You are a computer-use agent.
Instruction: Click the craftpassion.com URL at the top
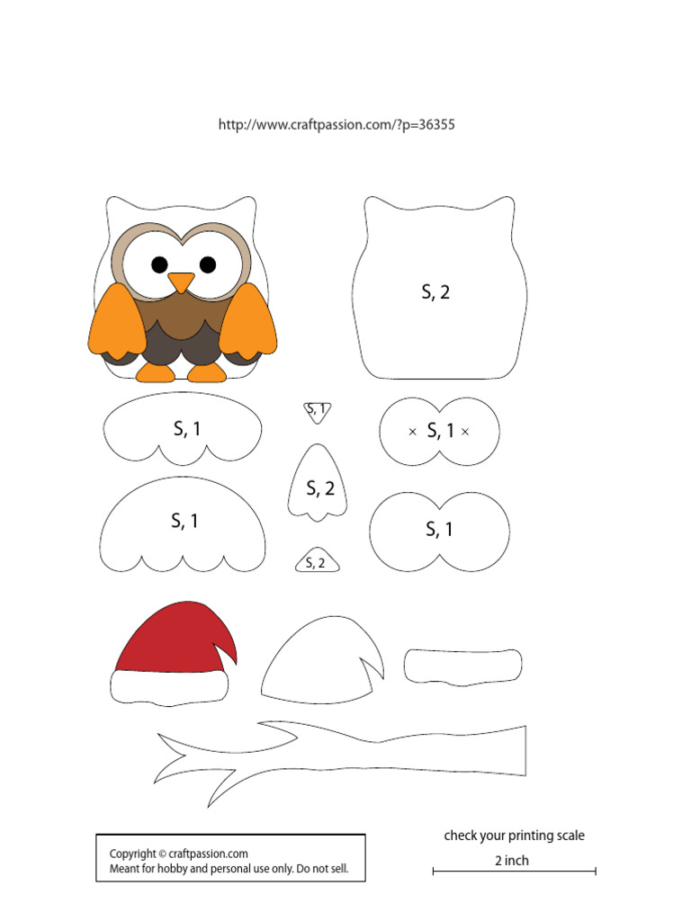click(x=337, y=125)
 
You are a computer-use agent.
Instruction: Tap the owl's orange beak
click(x=181, y=282)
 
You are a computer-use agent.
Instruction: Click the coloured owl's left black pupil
click(x=159, y=264)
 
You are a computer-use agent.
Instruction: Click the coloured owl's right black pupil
click(x=208, y=264)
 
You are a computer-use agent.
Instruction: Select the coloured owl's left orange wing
click(x=118, y=321)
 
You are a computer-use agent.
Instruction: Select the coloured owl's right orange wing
click(x=247, y=321)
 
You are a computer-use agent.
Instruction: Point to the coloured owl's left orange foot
click(x=153, y=372)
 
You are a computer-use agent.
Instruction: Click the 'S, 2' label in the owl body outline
click(x=435, y=292)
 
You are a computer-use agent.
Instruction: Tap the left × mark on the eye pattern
click(x=412, y=432)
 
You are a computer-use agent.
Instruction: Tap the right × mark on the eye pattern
click(x=465, y=432)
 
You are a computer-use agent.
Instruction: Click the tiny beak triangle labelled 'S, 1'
click(x=317, y=411)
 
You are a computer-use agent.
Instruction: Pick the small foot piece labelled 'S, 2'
click(x=317, y=561)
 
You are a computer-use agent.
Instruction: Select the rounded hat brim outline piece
click(x=462, y=666)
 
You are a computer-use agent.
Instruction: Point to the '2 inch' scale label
click(x=512, y=861)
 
